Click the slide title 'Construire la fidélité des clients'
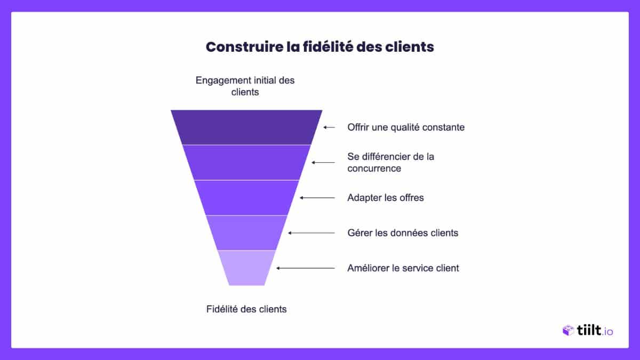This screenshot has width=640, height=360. coord(319,47)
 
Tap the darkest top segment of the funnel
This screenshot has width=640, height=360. coord(246,127)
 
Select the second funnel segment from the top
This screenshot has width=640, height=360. coord(246,162)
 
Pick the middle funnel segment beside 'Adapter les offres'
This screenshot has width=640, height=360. coord(246,197)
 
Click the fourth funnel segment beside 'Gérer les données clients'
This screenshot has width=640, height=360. coord(246,233)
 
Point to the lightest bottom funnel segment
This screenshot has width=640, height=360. coord(246,268)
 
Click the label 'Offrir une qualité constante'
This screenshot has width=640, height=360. coord(406,127)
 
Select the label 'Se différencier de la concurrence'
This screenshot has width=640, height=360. coord(390,162)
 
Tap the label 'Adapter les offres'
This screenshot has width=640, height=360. coord(385,198)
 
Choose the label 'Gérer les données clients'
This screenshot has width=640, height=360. coord(403,233)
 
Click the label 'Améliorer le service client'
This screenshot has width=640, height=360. coord(403,268)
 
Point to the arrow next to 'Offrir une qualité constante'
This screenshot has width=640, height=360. coord(329,127)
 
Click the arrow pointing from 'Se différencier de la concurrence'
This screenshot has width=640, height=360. coord(323,162)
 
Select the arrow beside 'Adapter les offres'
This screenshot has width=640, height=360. coord(317,198)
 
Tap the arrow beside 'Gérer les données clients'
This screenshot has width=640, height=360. coord(311,233)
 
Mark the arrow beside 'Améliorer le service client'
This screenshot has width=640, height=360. coord(306,268)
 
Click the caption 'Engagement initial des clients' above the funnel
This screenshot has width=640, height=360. coord(245,86)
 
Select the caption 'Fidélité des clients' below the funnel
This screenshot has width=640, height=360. coord(246,309)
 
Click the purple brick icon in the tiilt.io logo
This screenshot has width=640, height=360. coord(568,331)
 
